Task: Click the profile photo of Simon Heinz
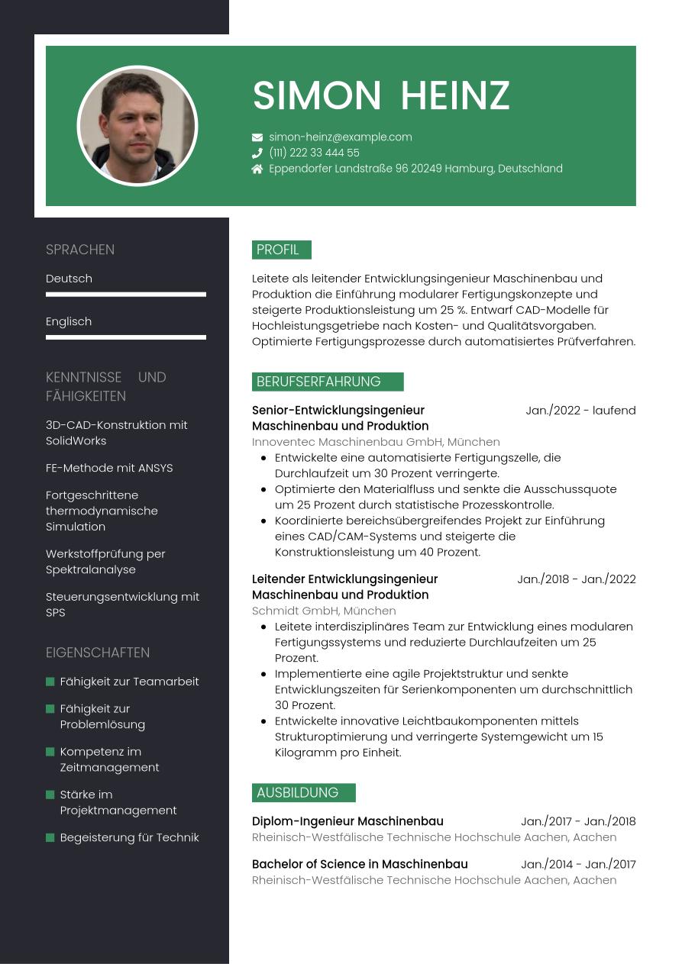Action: tap(137, 126)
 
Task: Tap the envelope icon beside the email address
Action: tap(257, 137)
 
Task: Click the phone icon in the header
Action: tap(257, 153)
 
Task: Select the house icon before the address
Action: tap(257, 169)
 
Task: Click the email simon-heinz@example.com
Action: tap(341, 137)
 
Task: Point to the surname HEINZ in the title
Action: tap(454, 96)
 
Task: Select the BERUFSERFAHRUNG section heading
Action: tap(327, 382)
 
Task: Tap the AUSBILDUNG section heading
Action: tap(303, 792)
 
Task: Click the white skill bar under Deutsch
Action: tap(126, 295)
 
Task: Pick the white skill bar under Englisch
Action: tap(126, 337)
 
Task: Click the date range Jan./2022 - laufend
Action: tap(580, 411)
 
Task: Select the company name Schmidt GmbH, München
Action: tap(324, 611)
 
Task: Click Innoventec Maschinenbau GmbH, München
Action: tap(376, 442)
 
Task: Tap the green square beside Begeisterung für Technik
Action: tap(50, 837)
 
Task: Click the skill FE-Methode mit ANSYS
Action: tap(109, 468)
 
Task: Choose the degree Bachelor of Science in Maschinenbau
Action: tap(360, 864)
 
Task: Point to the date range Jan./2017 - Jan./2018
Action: tap(578, 822)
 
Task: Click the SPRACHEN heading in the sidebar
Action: tap(80, 250)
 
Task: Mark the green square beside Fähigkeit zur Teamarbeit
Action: tap(50, 682)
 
